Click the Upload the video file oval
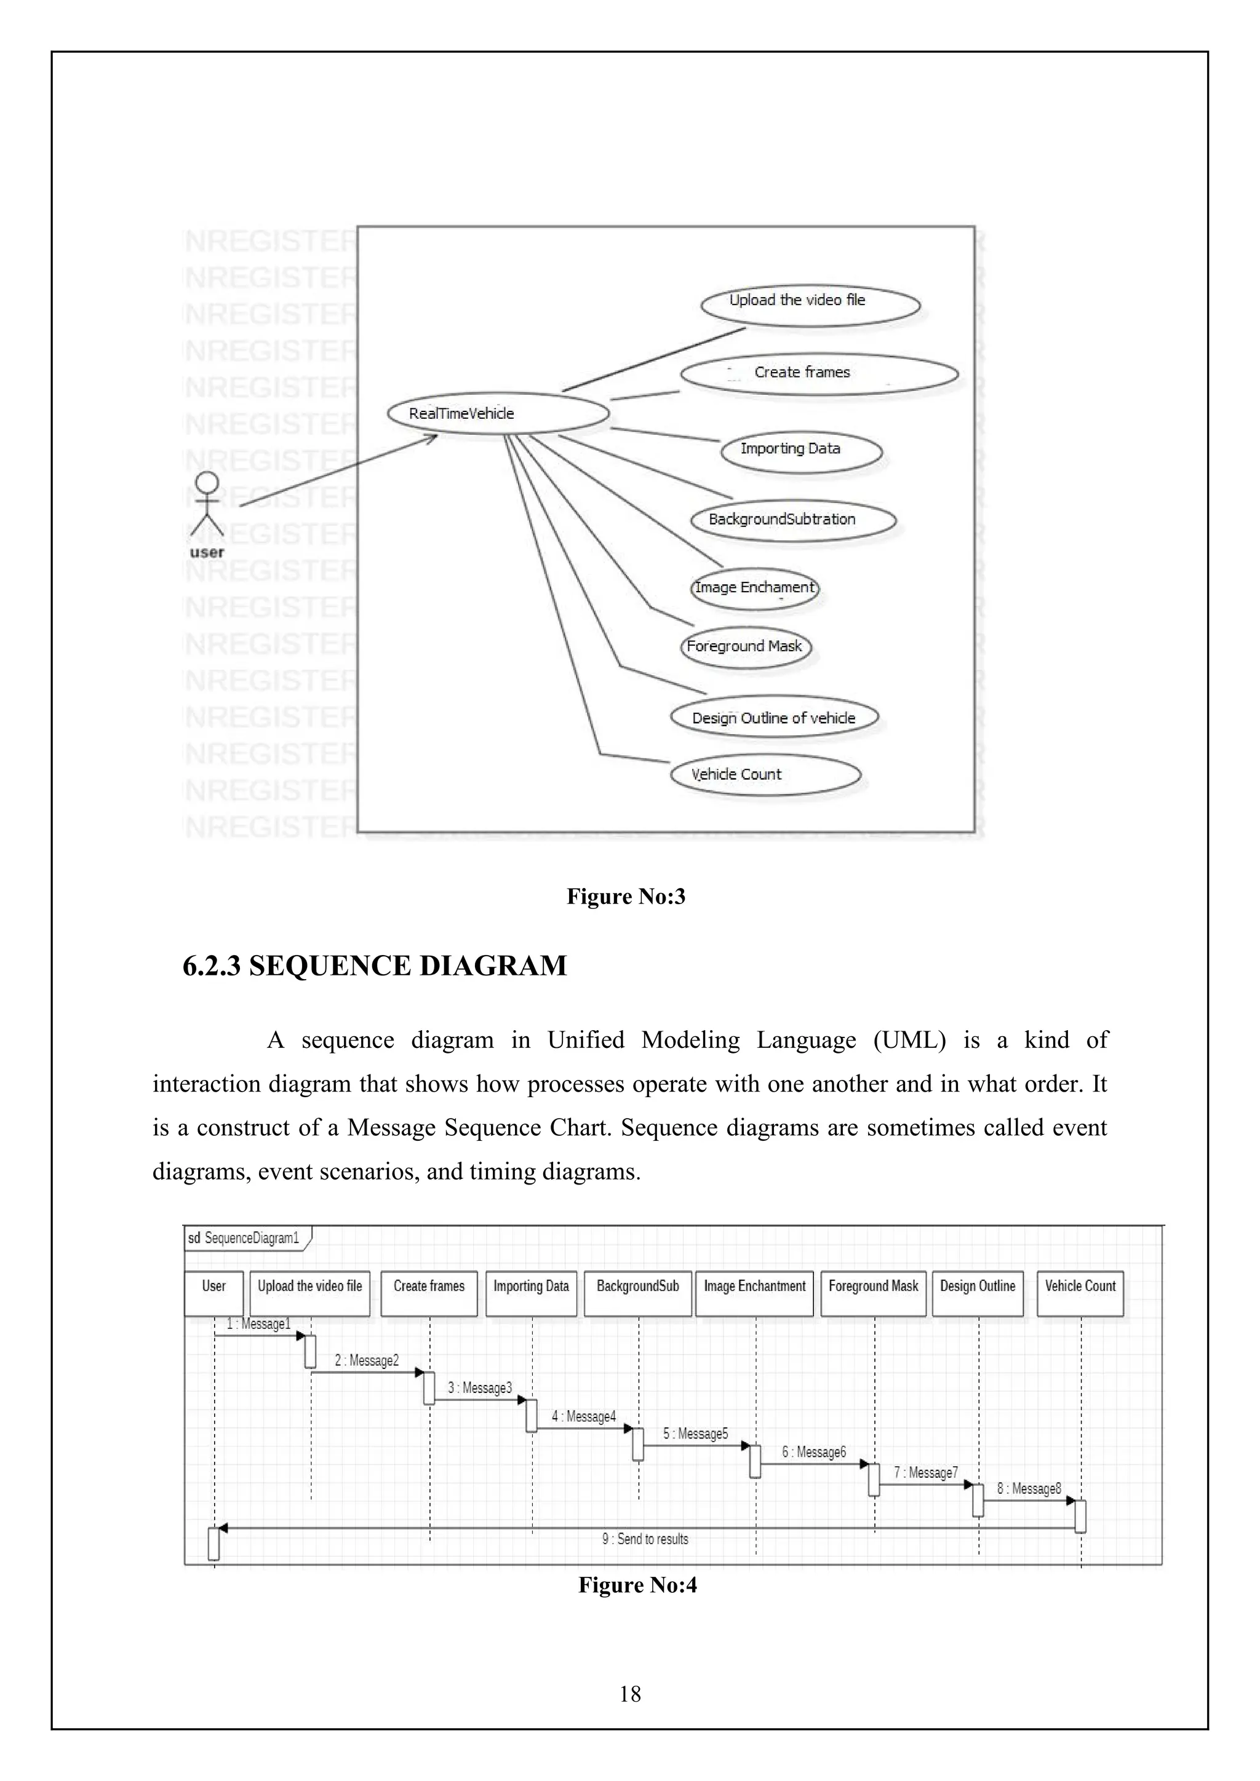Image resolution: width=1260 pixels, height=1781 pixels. coord(810,305)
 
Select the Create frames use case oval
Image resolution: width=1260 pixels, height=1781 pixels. coord(819,374)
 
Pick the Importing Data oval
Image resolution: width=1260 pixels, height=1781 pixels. coord(800,451)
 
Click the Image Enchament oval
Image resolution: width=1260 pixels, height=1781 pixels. coord(754,588)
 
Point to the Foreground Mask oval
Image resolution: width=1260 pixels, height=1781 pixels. coord(746,647)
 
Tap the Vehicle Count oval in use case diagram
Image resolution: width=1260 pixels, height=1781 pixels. coord(765,774)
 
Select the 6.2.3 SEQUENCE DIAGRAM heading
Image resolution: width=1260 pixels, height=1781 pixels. coord(375,966)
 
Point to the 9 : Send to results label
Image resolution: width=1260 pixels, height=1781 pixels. coord(645,1539)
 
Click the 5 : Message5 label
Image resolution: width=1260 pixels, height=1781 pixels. coord(695,1434)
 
